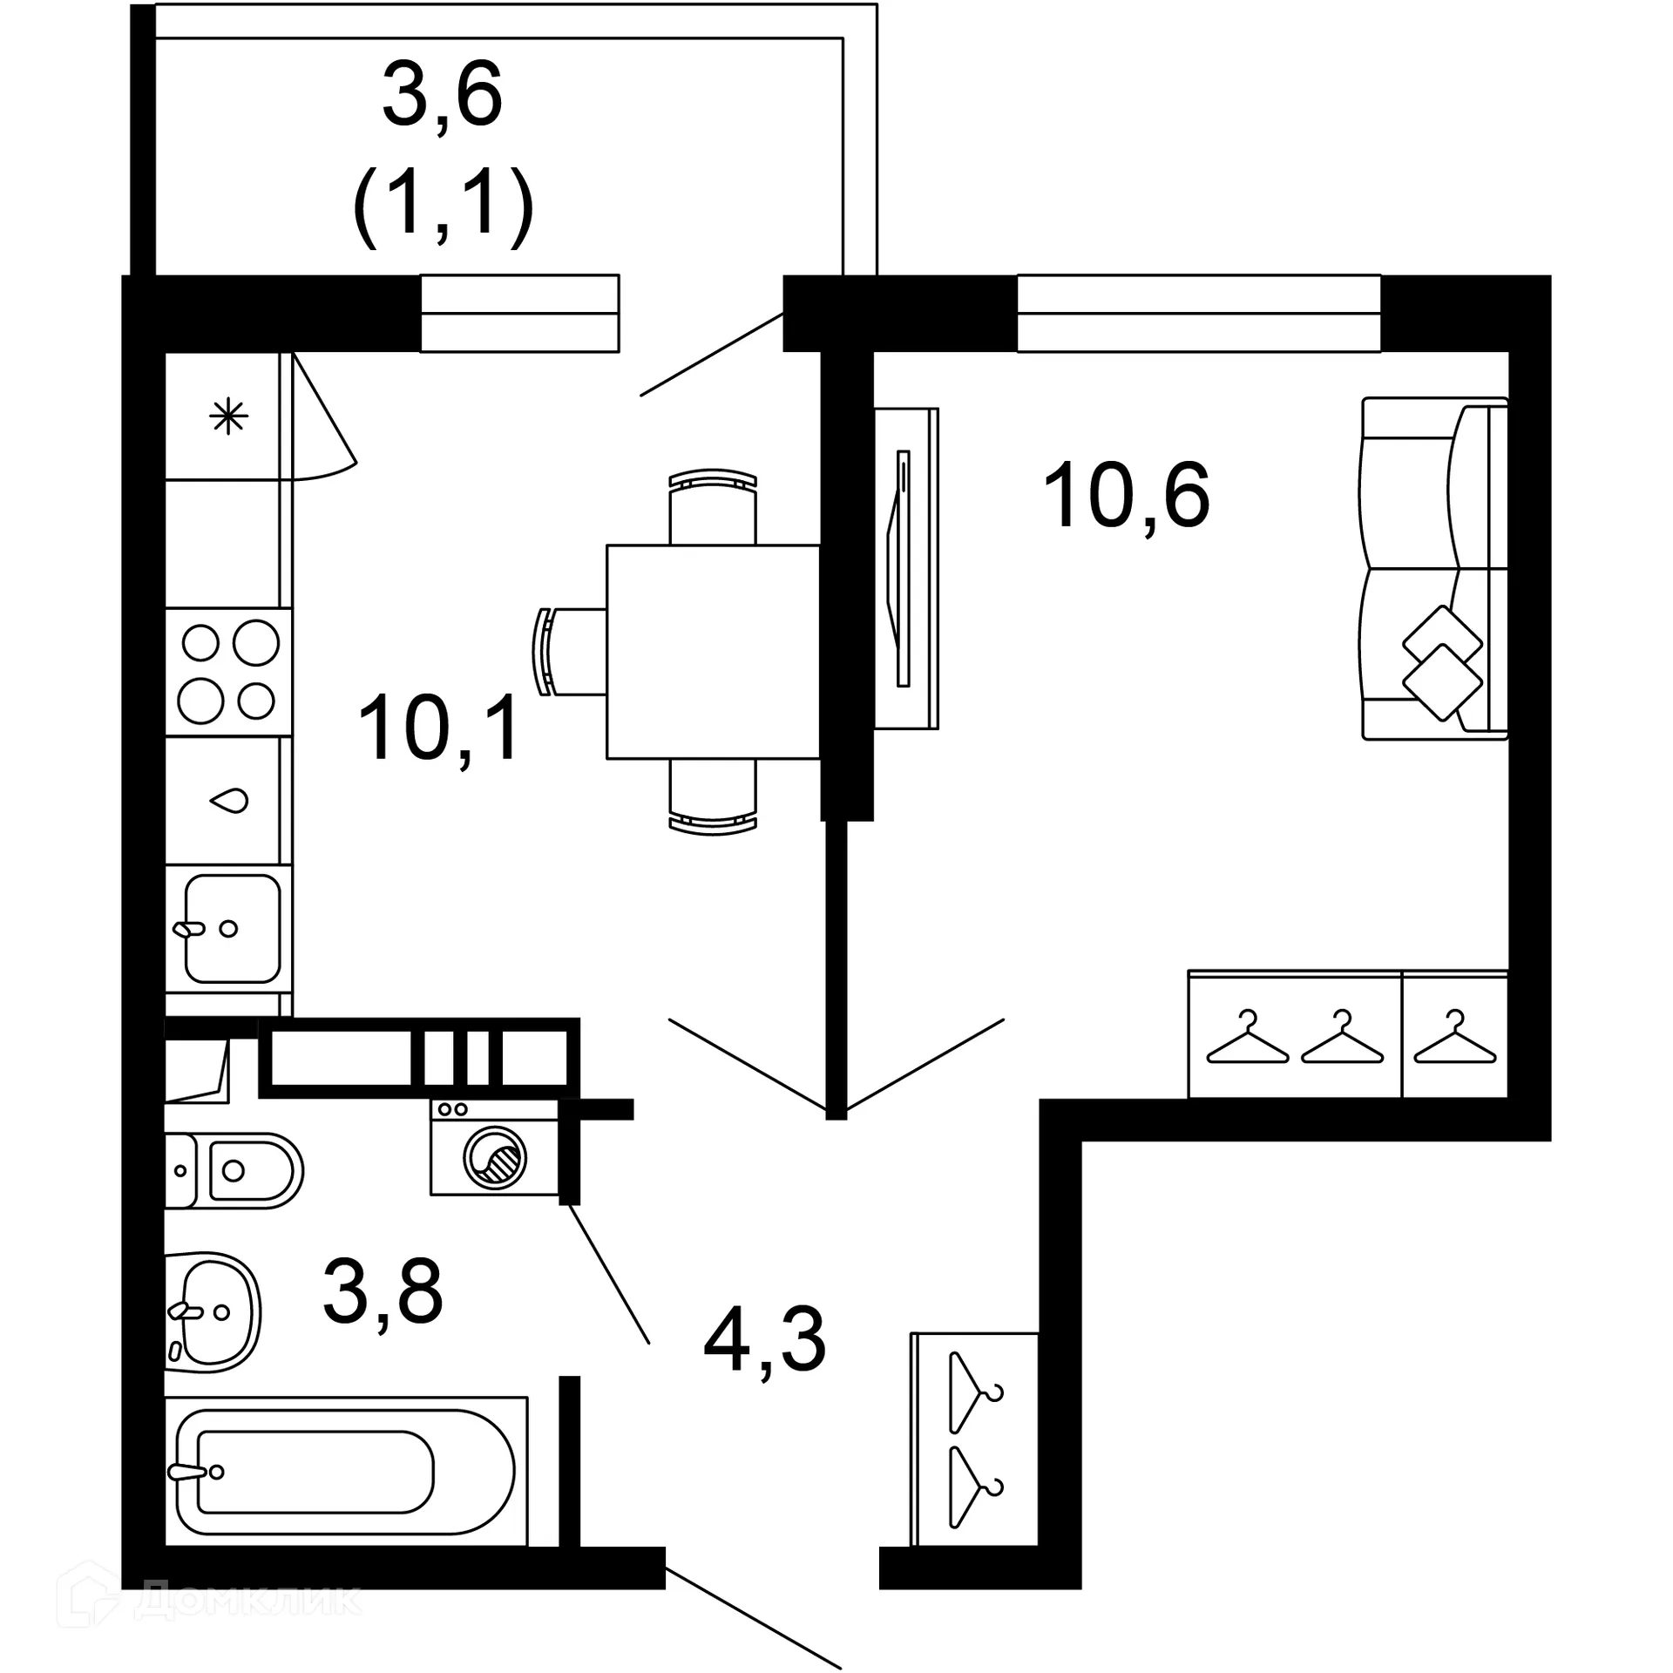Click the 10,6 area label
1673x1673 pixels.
tap(1126, 496)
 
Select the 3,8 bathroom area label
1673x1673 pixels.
tap(383, 1291)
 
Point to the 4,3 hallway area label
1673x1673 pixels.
tap(764, 1341)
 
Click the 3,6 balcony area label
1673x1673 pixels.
tap(443, 93)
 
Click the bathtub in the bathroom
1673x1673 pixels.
tap(346, 1472)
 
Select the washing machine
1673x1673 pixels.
tap(494, 1148)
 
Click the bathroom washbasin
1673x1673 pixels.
tap(213, 1311)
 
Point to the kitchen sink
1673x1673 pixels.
tap(230, 929)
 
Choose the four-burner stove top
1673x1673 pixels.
tap(228, 672)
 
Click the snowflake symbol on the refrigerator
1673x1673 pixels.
tap(229, 417)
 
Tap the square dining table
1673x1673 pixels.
tap(713, 652)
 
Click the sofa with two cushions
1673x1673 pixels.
tap(1434, 569)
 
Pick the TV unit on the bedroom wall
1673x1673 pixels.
tap(906, 568)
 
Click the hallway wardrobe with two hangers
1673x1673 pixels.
tap(975, 1439)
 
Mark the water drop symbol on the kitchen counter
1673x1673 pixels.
tap(230, 800)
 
